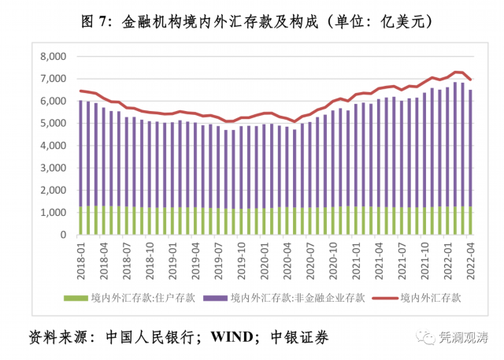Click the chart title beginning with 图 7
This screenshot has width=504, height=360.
point(251,21)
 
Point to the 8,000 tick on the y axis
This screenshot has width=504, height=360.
point(53,57)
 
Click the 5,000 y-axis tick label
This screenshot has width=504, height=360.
point(53,124)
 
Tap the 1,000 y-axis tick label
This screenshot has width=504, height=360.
point(53,213)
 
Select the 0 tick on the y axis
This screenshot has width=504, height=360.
point(63,235)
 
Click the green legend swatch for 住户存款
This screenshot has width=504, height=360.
point(76,299)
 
